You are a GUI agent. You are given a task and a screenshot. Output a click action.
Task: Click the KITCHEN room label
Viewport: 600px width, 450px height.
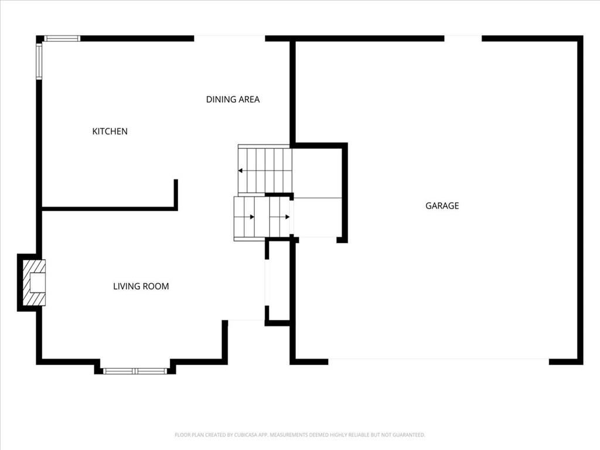click(110, 131)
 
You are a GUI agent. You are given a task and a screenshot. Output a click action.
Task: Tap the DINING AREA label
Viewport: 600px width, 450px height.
click(233, 100)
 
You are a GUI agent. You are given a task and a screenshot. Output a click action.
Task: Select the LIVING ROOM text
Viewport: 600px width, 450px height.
click(141, 286)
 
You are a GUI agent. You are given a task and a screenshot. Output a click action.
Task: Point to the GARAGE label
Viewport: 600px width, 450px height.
click(442, 206)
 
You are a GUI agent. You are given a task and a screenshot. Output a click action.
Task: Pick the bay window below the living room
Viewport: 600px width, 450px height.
click(135, 371)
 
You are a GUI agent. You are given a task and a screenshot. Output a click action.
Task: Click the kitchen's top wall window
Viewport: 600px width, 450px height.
click(62, 38)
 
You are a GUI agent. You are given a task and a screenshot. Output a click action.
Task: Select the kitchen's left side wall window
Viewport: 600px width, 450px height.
click(39, 61)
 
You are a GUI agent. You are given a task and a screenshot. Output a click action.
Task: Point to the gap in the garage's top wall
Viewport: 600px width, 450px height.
click(463, 38)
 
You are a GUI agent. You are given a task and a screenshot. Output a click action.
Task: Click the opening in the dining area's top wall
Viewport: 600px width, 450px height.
click(230, 38)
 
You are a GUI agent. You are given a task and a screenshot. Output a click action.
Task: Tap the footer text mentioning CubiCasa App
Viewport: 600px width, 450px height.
click(300, 435)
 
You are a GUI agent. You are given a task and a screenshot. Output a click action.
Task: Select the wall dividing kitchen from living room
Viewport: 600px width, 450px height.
click(110, 209)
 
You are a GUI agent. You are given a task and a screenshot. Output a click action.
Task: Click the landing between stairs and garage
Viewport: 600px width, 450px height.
click(316, 217)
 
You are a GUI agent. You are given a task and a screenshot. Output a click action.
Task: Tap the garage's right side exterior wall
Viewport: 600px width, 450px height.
click(581, 200)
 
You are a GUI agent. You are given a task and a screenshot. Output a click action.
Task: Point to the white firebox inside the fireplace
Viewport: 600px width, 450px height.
click(38, 283)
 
